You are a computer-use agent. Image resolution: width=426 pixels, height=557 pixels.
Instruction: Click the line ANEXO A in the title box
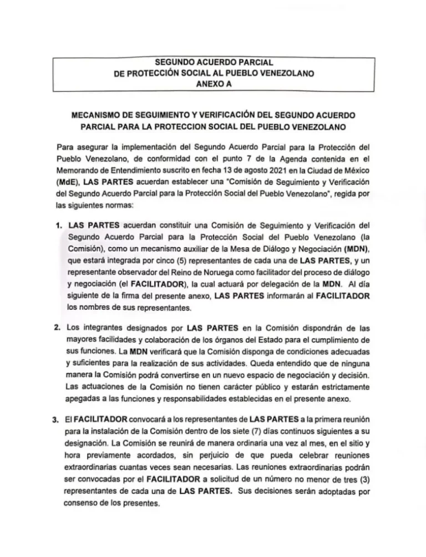click(x=213, y=84)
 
